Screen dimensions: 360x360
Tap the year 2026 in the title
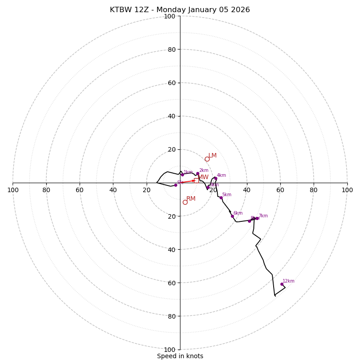pyautogui.click(x=239, y=10)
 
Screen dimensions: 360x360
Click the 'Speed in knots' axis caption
pyautogui.click(x=180, y=356)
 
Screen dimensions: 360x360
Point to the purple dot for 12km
pyautogui.click(x=282, y=284)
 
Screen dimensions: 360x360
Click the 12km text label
pyautogui.click(x=288, y=281)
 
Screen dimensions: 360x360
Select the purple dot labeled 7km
pyautogui.click(x=257, y=218)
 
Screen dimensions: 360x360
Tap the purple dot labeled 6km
pyautogui.click(x=232, y=216)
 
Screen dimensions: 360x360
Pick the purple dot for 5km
pyautogui.click(x=221, y=198)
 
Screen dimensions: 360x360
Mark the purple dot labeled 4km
pyautogui.click(x=216, y=178)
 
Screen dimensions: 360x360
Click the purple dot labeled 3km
pyautogui.click(x=208, y=187)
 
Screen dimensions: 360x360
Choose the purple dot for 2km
pyautogui.click(x=198, y=173)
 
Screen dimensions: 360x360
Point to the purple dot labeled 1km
pyautogui.click(x=182, y=175)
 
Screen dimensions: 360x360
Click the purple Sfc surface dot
pyautogui.click(x=175, y=185)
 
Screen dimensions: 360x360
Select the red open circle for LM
pyautogui.click(x=207, y=159)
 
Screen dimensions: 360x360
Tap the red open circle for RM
pyautogui.click(x=185, y=202)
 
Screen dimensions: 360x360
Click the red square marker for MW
pyautogui.click(x=196, y=180)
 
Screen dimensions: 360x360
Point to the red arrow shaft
pyautogui.click(x=186, y=182)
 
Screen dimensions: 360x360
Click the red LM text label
pyautogui.click(x=212, y=155)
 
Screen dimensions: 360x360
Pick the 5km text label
pyautogui.click(x=226, y=195)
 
